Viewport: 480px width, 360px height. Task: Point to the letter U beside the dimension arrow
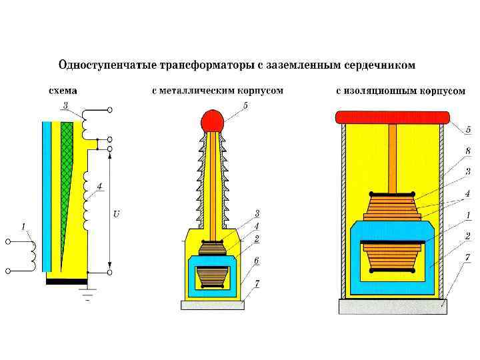117,214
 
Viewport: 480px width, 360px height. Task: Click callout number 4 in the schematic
99,186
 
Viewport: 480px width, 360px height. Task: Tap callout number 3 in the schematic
65,105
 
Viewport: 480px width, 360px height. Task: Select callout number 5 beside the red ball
246,105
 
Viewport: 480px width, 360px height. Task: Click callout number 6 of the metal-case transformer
257,260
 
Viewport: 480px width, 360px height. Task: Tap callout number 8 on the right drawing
468,151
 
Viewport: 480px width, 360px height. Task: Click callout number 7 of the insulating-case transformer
468,257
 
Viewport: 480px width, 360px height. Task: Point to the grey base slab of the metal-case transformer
213,305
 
